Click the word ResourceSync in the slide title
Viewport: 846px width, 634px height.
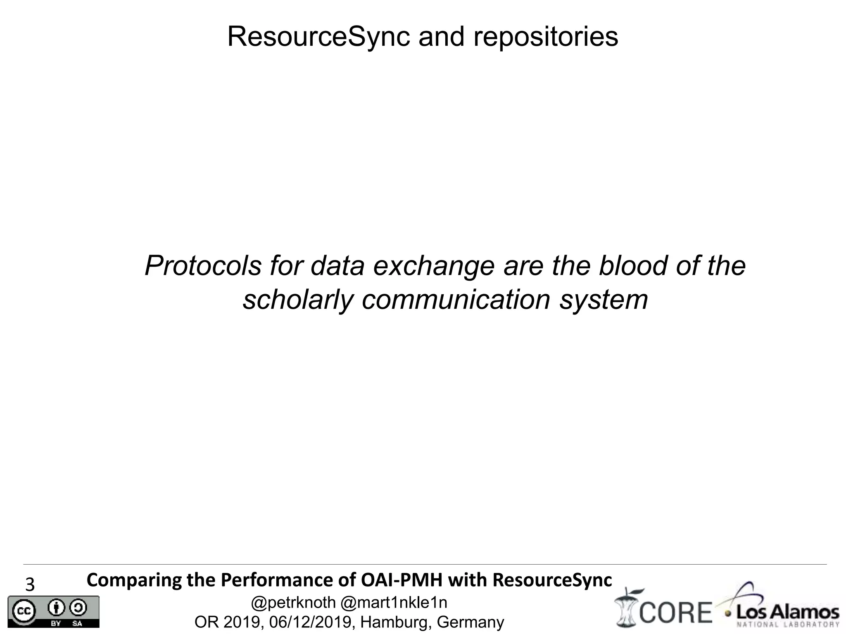click(x=318, y=37)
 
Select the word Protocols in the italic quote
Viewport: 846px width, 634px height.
click(x=203, y=266)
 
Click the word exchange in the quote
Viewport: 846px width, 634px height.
click(x=433, y=266)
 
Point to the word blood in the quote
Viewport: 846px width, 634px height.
click(x=632, y=266)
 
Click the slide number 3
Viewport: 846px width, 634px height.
click(x=30, y=585)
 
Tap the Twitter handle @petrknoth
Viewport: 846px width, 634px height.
click(x=293, y=603)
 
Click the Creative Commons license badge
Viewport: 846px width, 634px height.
click(x=53, y=611)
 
